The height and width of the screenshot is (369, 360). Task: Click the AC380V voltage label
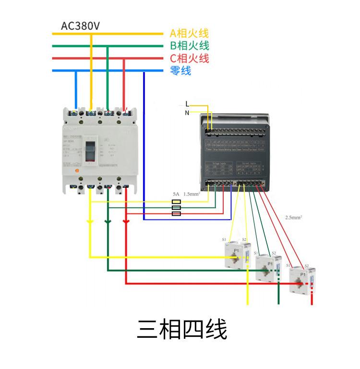pos(80,25)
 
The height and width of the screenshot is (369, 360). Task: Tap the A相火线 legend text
pos(189,34)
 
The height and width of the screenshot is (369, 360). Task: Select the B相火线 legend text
pos(189,46)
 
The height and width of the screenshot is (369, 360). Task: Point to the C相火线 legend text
pos(189,59)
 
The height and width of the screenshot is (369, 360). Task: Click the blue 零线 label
pos(180,71)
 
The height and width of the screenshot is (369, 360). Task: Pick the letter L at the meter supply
pos(187,104)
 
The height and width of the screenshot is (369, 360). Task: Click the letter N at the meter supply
pos(187,113)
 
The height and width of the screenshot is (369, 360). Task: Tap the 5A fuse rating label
pos(176,195)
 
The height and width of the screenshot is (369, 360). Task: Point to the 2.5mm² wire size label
pos(293,218)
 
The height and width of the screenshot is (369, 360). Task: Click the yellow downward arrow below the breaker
pos(90,222)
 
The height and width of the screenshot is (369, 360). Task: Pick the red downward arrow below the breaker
pos(126,222)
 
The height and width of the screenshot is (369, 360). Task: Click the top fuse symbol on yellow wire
pos(176,202)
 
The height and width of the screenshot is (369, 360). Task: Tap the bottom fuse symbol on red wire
pos(176,213)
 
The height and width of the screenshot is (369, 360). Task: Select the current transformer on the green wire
pos(267,267)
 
